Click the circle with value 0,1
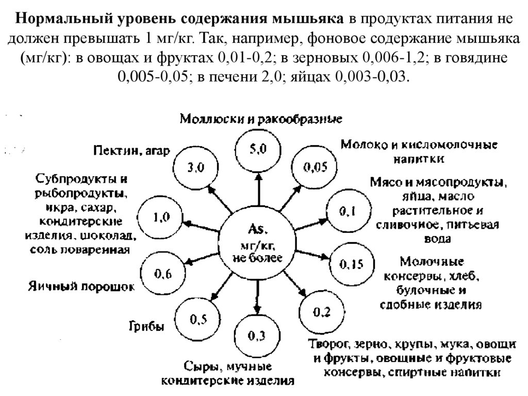click(346, 211)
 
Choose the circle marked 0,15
click(351, 264)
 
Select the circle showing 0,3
click(256, 336)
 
